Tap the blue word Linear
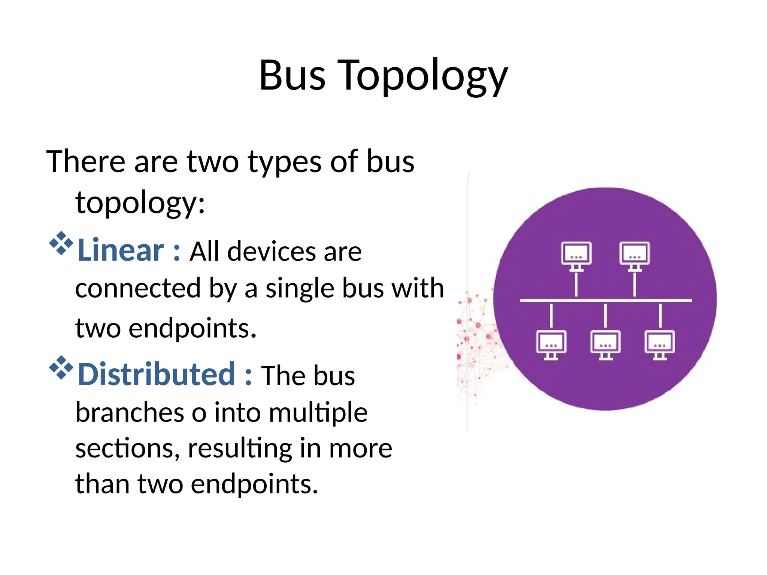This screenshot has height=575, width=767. pyautogui.click(x=120, y=250)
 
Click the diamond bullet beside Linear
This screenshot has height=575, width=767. pyautogui.click(x=61, y=244)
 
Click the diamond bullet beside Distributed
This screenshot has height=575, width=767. pyautogui.click(x=61, y=368)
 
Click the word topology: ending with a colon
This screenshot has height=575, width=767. pyautogui.click(x=140, y=203)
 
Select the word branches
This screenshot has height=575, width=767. pyautogui.click(x=130, y=413)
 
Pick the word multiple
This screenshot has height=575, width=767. pyautogui.click(x=318, y=413)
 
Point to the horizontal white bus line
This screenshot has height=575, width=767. pyautogui.click(x=605, y=300)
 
